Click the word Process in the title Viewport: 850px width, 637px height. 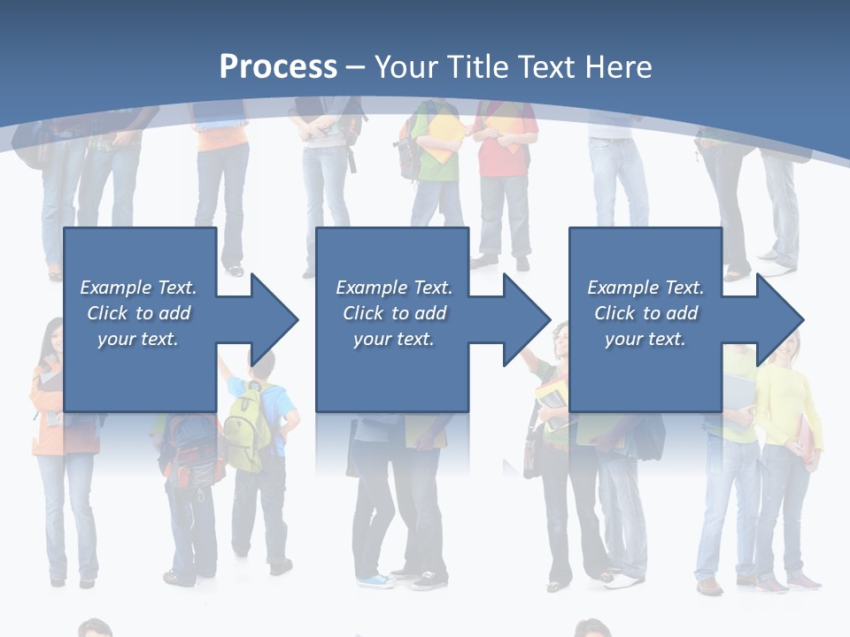point(278,66)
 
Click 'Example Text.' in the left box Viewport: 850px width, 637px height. point(138,288)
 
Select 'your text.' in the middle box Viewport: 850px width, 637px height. point(393,339)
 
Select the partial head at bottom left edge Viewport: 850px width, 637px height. point(93,628)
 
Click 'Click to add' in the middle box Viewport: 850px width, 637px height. point(393,313)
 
